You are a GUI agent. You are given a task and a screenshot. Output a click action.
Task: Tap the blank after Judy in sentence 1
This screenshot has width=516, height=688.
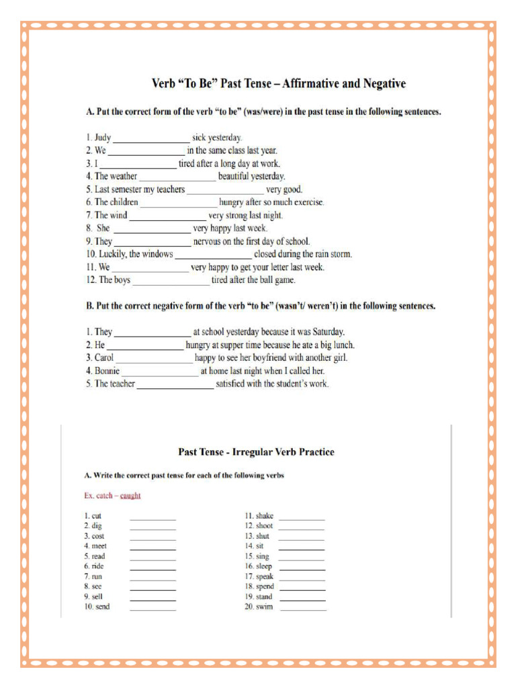pyautogui.click(x=151, y=138)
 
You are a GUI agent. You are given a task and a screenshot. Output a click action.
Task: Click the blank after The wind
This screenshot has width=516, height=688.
pyautogui.click(x=167, y=216)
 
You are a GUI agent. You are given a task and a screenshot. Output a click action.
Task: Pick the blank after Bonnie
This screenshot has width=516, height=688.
pyautogui.click(x=161, y=371)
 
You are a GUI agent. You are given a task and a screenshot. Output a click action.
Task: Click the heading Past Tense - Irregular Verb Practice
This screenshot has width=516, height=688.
pyautogui.click(x=255, y=452)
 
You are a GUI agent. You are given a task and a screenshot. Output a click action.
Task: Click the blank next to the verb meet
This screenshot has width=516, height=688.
pyautogui.click(x=153, y=547)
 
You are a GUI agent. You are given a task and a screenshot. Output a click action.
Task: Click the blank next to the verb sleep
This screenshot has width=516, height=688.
pyautogui.click(x=302, y=567)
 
